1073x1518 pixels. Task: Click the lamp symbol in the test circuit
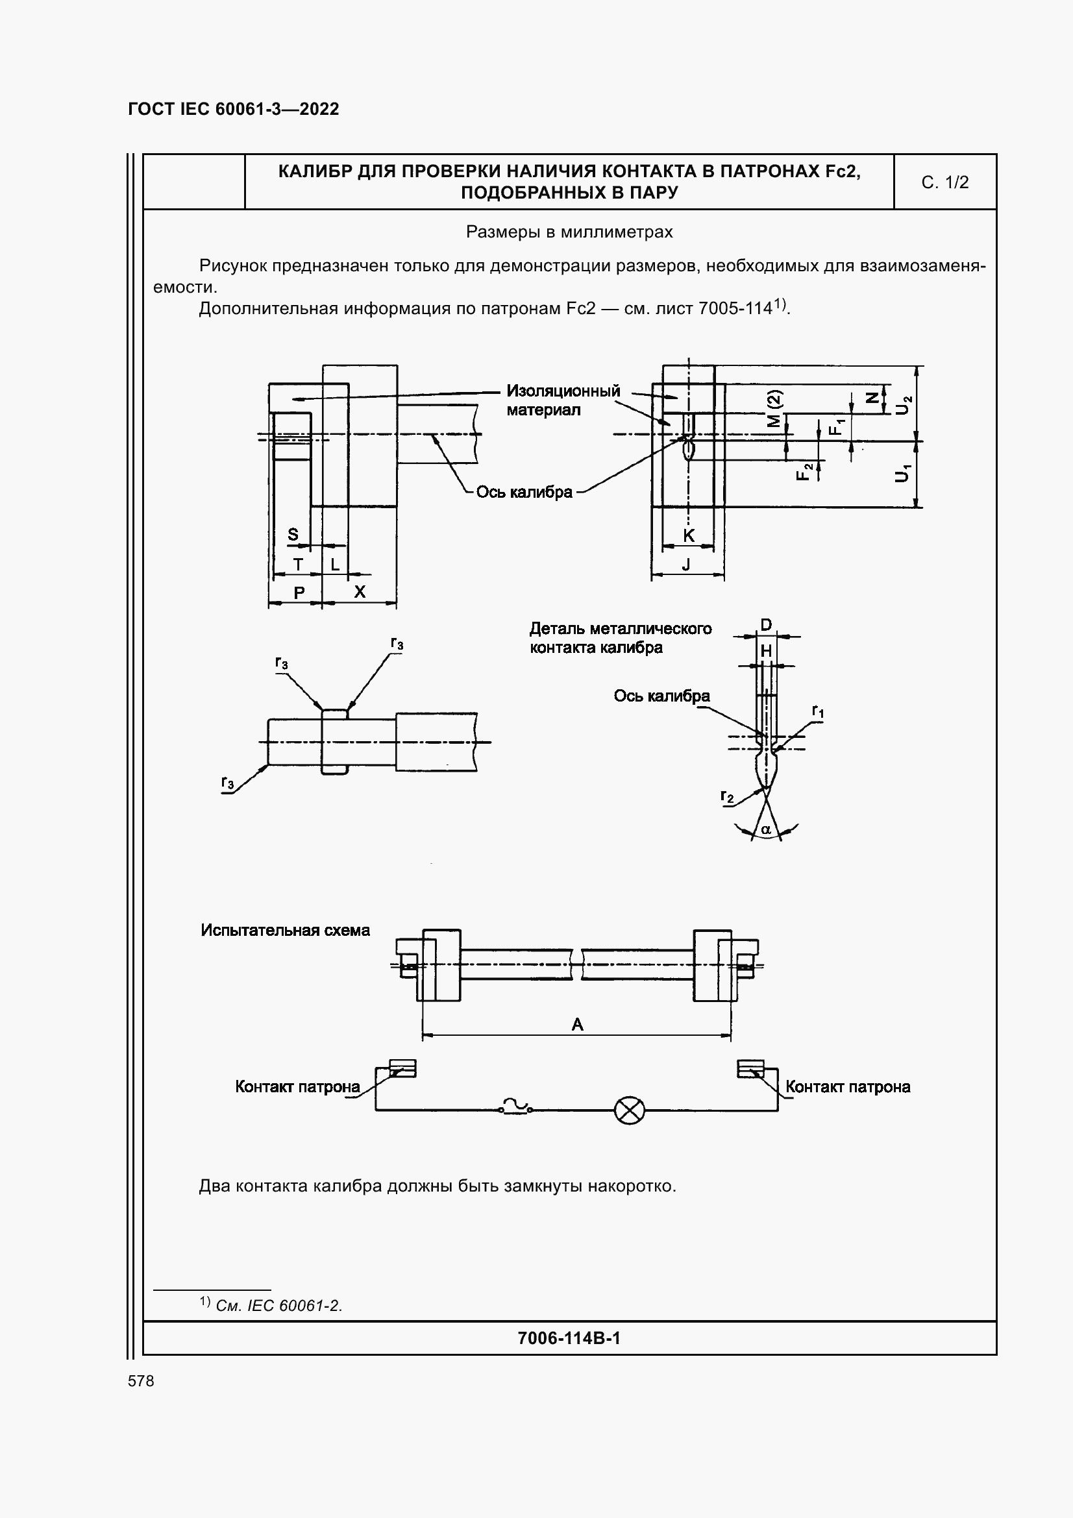click(x=630, y=1110)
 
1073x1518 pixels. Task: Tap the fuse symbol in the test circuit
click(x=515, y=1105)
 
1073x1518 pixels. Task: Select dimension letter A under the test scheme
click(x=577, y=1024)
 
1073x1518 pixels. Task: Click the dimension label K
click(x=688, y=535)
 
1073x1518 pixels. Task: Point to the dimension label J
click(x=686, y=564)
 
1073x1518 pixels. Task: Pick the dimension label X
click(x=359, y=591)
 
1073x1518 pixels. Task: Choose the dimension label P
click(x=299, y=593)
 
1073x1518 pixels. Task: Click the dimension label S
click(x=293, y=534)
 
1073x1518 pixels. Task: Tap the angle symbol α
click(x=766, y=829)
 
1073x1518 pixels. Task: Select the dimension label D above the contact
click(x=766, y=625)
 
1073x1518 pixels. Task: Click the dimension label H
click(x=766, y=651)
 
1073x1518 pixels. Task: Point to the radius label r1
click(x=818, y=711)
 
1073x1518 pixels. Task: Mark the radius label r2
click(x=727, y=797)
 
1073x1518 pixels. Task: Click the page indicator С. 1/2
click(x=944, y=182)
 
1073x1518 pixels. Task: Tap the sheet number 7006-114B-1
click(x=569, y=1338)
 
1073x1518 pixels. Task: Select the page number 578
click(x=141, y=1380)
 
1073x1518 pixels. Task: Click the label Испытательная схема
click(x=285, y=930)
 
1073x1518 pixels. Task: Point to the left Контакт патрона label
click(x=297, y=1086)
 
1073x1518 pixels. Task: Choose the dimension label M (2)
click(x=776, y=409)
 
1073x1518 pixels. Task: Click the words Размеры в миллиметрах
click(x=569, y=232)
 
